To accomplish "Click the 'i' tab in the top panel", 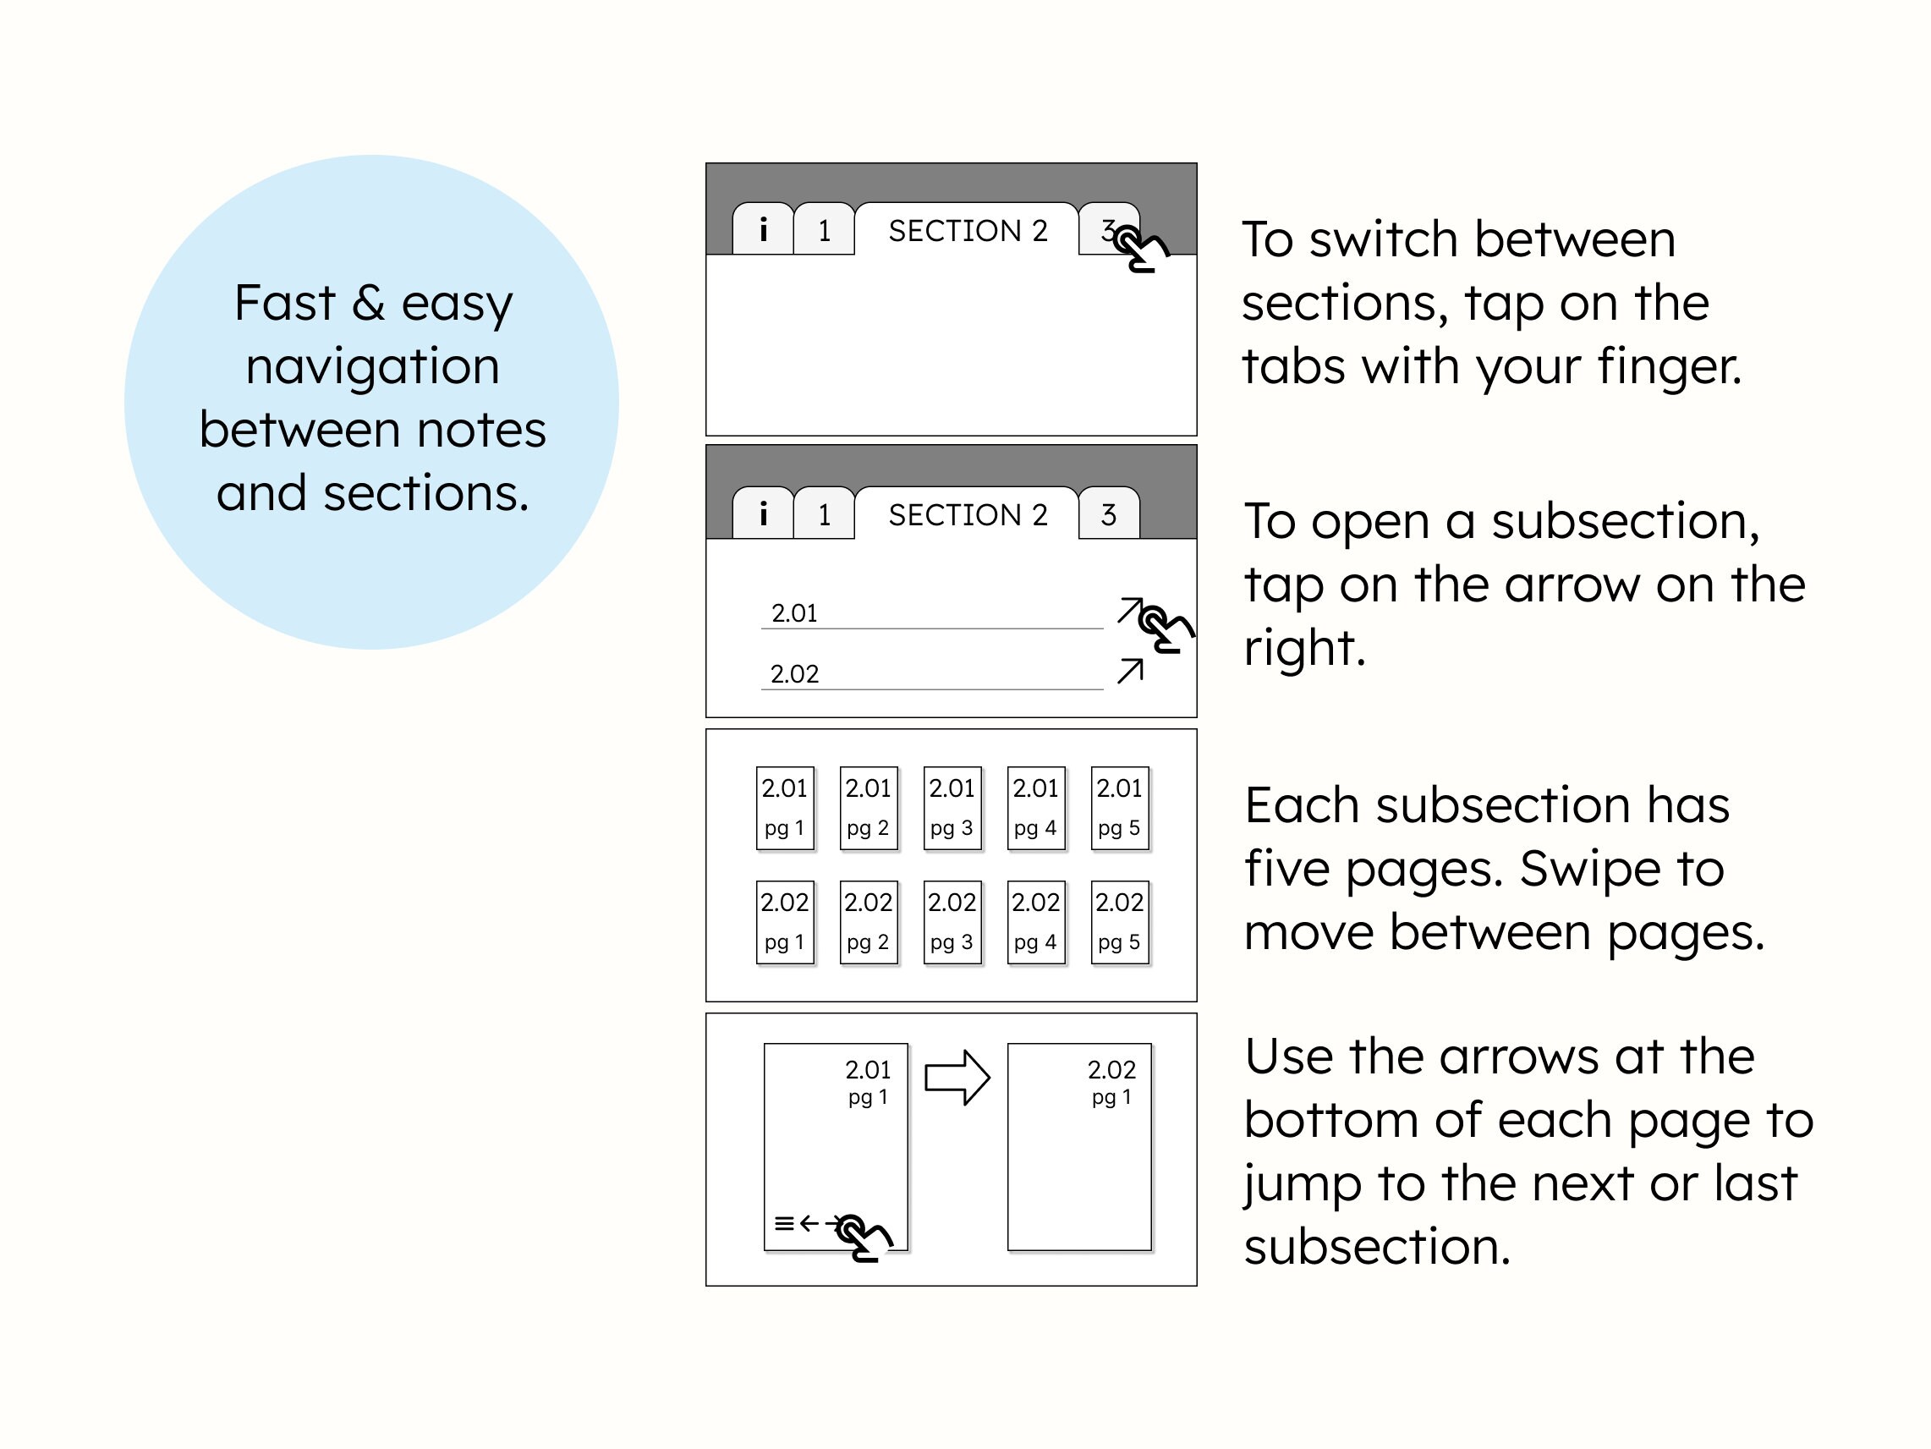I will pos(763,229).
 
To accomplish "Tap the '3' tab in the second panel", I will pos(1109,514).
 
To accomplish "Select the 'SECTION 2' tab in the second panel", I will pos(968,514).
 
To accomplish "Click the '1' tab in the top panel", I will pos(824,230).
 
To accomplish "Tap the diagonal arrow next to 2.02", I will pos(1131,671).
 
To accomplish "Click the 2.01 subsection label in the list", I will pos(794,612).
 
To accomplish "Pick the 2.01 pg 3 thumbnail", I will pos(952,808).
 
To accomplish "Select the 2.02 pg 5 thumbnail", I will pos(1119,922).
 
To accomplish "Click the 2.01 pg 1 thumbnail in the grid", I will pos(784,808).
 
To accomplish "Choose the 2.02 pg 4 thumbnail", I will pos(1035,922).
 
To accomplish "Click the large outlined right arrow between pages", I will pos(957,1078).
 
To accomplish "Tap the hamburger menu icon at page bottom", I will pos(784,1224).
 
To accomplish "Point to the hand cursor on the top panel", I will pos(1142,248).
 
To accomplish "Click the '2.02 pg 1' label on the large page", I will pos(1111,1082).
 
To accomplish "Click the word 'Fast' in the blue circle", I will pos(283,303).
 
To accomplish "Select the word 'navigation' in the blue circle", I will pos(373,365).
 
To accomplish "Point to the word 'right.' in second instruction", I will pos(1304,648).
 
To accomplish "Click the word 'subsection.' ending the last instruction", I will pos(1377,1246).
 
